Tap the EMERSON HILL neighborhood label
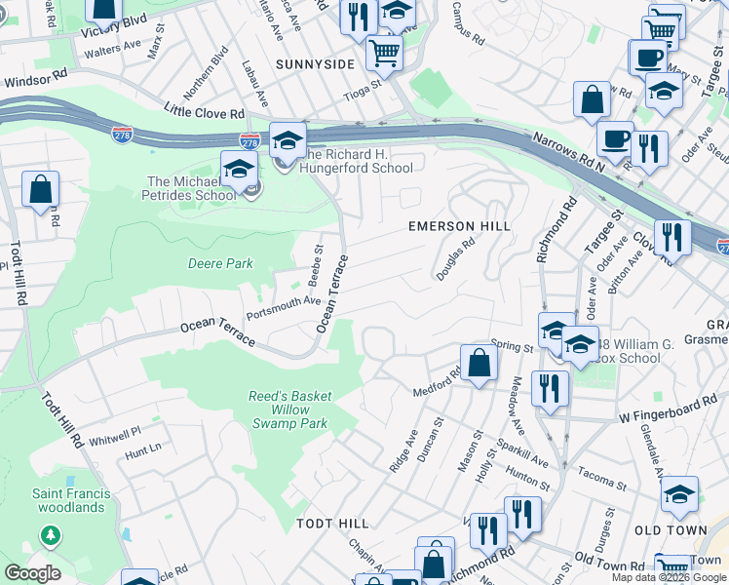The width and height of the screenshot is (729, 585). click(458, 226)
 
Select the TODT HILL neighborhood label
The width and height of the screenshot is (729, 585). click(330, 524)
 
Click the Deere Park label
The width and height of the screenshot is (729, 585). click(220, 263)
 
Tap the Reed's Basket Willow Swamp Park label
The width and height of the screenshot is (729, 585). click(290, 410)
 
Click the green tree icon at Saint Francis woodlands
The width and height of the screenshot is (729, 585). click(49, 535)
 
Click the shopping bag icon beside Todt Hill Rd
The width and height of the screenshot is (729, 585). click(40, 189)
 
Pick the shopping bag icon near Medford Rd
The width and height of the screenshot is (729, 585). click(479, 363)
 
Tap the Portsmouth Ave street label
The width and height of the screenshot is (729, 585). click(284, 308)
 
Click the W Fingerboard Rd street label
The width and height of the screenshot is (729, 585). click(673, 410)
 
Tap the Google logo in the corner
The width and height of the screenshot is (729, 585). click(32, 573)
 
